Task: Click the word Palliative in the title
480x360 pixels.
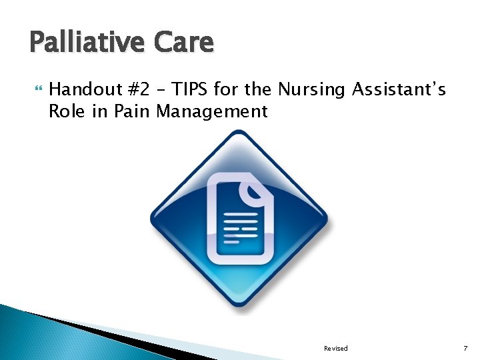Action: pyautogui.click(x=87, y=43)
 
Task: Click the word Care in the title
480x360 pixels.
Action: pyautogui.click(x=184, y=43)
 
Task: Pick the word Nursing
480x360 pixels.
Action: pyautogui.click(x=310, y=89)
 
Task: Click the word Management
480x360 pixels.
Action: pyautogui.click(x=211, y=111)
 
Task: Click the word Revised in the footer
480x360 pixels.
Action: pyautogui.click(x=335, y=349)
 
